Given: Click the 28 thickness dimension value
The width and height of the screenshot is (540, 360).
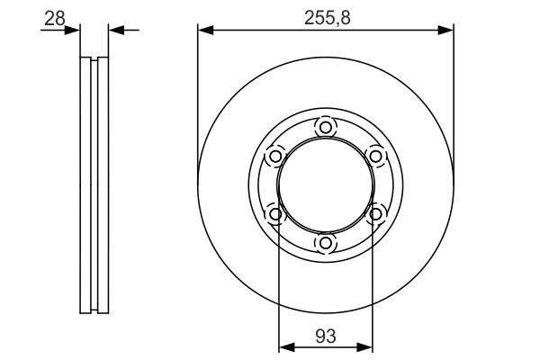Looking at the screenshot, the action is coord(54,18).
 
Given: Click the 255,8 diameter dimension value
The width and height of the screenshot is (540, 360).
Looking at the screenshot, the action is coord(328,18).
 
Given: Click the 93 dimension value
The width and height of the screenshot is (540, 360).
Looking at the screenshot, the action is coord(325,336).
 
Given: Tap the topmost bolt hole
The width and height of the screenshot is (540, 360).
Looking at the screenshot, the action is coord(326,128).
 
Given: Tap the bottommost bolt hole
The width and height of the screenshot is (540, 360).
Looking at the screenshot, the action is coord(326,243).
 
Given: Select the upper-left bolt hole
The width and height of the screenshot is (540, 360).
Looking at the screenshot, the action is coord(275,157).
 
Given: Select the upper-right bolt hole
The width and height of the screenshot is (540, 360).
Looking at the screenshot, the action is coord(375,157).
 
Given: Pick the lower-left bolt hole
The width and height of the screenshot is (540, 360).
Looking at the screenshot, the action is coord(275,214).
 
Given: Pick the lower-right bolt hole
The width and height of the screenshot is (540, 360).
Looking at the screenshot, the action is coord(375,214).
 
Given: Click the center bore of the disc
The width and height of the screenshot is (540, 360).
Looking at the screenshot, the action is coord(326,185).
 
